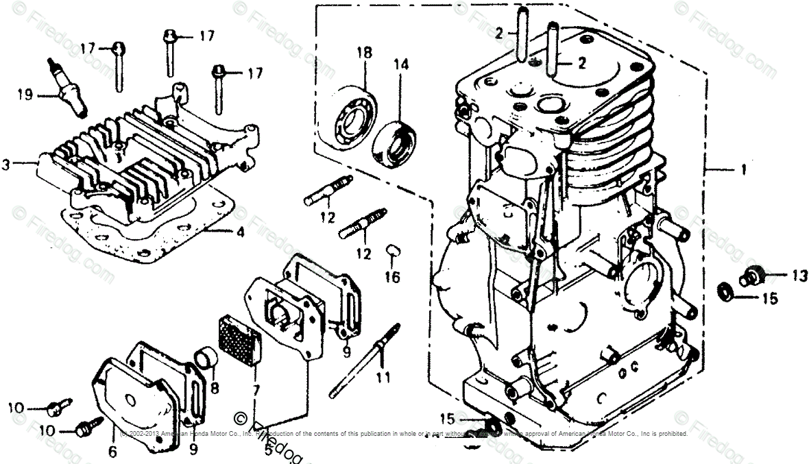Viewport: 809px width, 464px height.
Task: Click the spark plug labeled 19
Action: point(69,86)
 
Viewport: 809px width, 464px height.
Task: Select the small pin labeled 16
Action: point(393,249)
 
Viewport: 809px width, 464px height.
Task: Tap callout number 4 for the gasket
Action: point(240,232)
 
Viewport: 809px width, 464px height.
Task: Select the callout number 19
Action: point(25,95)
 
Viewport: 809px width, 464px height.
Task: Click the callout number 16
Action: point(391,277)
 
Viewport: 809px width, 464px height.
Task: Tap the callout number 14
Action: point(400,65)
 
